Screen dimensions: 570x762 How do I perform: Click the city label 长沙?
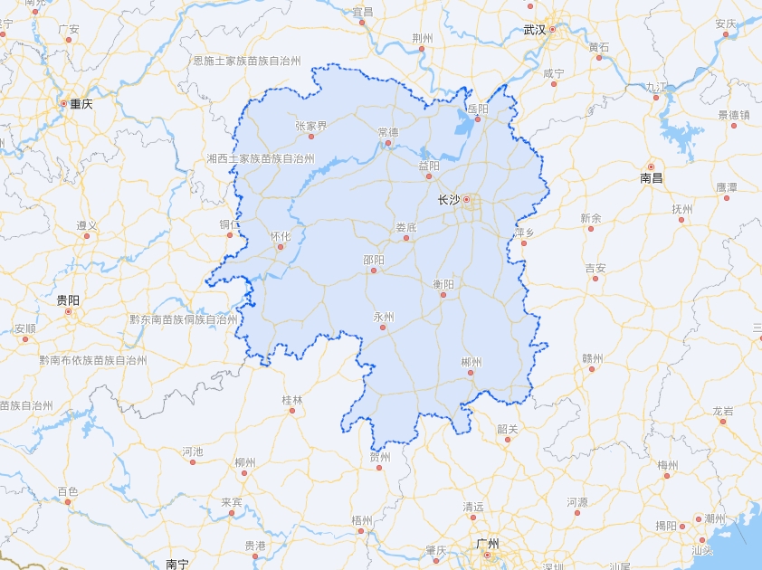448,200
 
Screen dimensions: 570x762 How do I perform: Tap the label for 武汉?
535,30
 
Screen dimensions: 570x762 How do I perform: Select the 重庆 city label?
81,104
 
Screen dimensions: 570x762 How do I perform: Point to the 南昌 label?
652,178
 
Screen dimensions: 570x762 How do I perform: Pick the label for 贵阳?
68,299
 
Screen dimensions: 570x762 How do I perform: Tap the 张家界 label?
310,126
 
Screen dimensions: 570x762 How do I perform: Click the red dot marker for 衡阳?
443,295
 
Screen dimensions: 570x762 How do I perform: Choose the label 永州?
384,317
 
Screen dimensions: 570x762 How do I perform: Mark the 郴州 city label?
471,362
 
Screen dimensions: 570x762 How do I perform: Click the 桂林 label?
292,399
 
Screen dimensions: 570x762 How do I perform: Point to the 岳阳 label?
477,109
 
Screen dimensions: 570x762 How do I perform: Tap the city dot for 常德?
388,143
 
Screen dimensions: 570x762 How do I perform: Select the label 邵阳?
374,260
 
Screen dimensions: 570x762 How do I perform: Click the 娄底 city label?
405,227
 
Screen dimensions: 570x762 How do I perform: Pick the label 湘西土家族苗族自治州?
260,158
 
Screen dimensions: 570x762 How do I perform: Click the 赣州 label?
592,357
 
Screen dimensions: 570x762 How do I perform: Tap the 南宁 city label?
177,564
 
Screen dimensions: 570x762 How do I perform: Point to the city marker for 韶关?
507,440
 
